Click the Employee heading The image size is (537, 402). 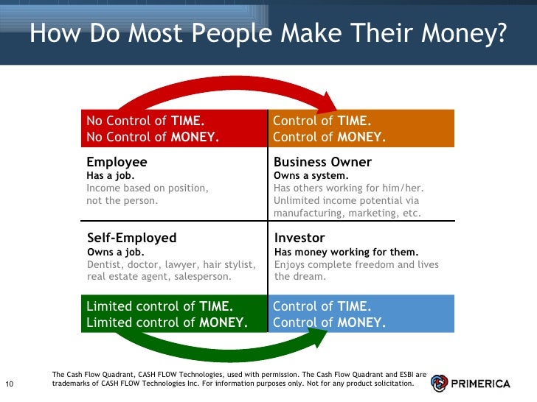click(x=117, y=162)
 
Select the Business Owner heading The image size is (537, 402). click(x=322, y=162)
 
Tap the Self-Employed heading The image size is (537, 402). click(x=132, y=238)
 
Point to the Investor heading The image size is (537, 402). click(x=299, y=238)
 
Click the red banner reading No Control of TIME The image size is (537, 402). click(x=173, y=129)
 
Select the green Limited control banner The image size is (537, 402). click(x=173, y=314)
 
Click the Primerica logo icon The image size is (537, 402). click(x=440, y=383)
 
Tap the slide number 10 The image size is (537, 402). click(x=10, y=384)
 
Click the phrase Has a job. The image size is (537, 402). click(x=111, y=176)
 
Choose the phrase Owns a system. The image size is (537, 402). click(x=311, y=176)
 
